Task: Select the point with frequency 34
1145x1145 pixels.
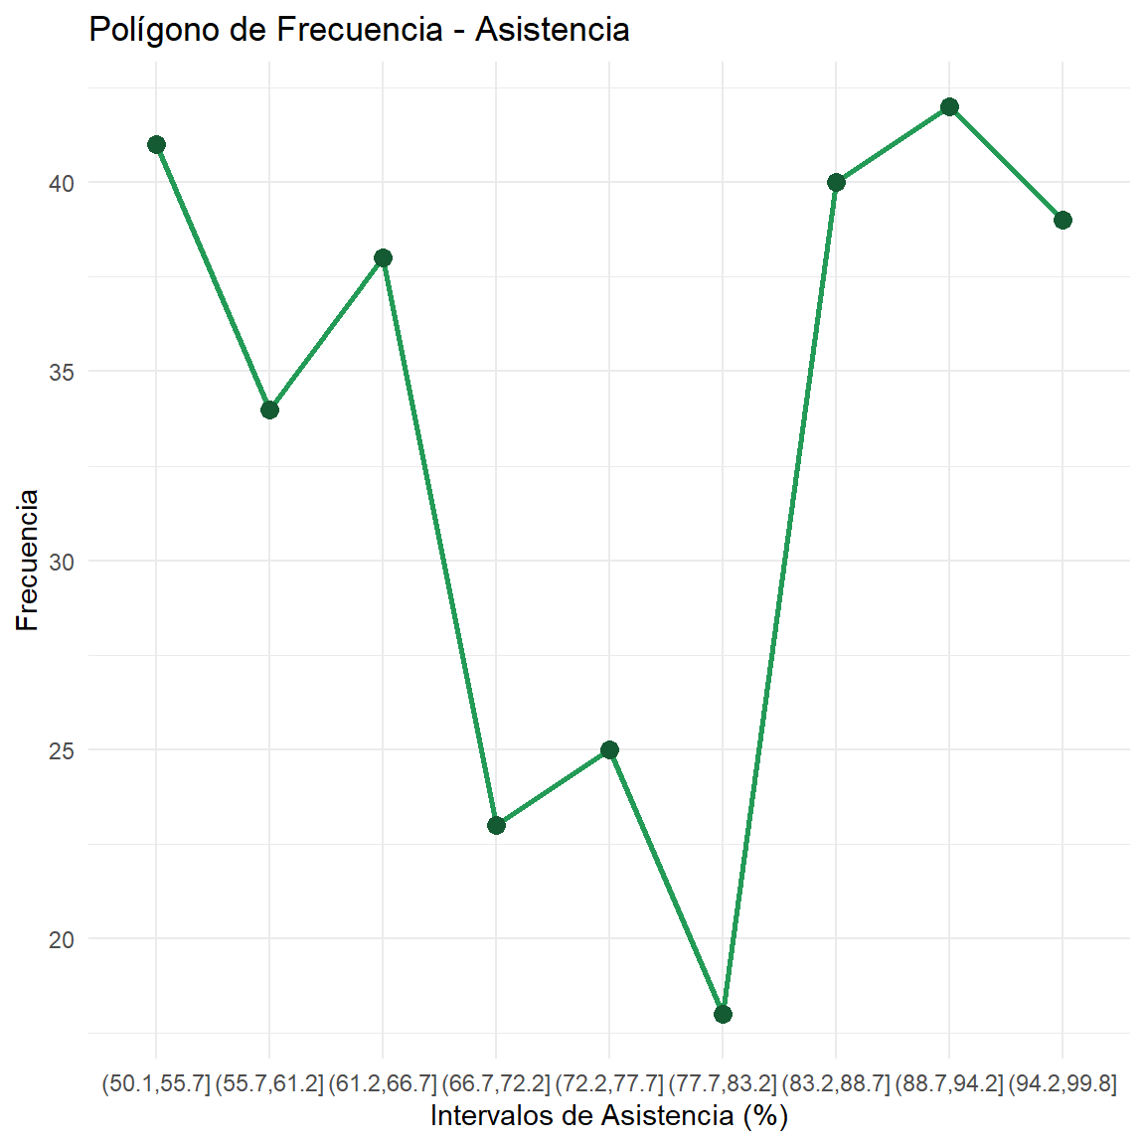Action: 269,409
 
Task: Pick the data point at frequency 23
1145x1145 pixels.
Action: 496,825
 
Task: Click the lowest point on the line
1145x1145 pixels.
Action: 723,1014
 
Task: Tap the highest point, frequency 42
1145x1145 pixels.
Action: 949,107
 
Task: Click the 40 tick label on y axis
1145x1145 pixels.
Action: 62,184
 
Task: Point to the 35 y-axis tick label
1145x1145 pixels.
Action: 62,373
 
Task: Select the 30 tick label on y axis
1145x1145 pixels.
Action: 62,562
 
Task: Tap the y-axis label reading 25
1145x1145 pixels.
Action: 62,750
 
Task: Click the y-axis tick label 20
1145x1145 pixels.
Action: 62,939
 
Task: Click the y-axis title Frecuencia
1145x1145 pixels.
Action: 28,560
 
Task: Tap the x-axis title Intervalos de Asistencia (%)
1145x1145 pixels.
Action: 608,1115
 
